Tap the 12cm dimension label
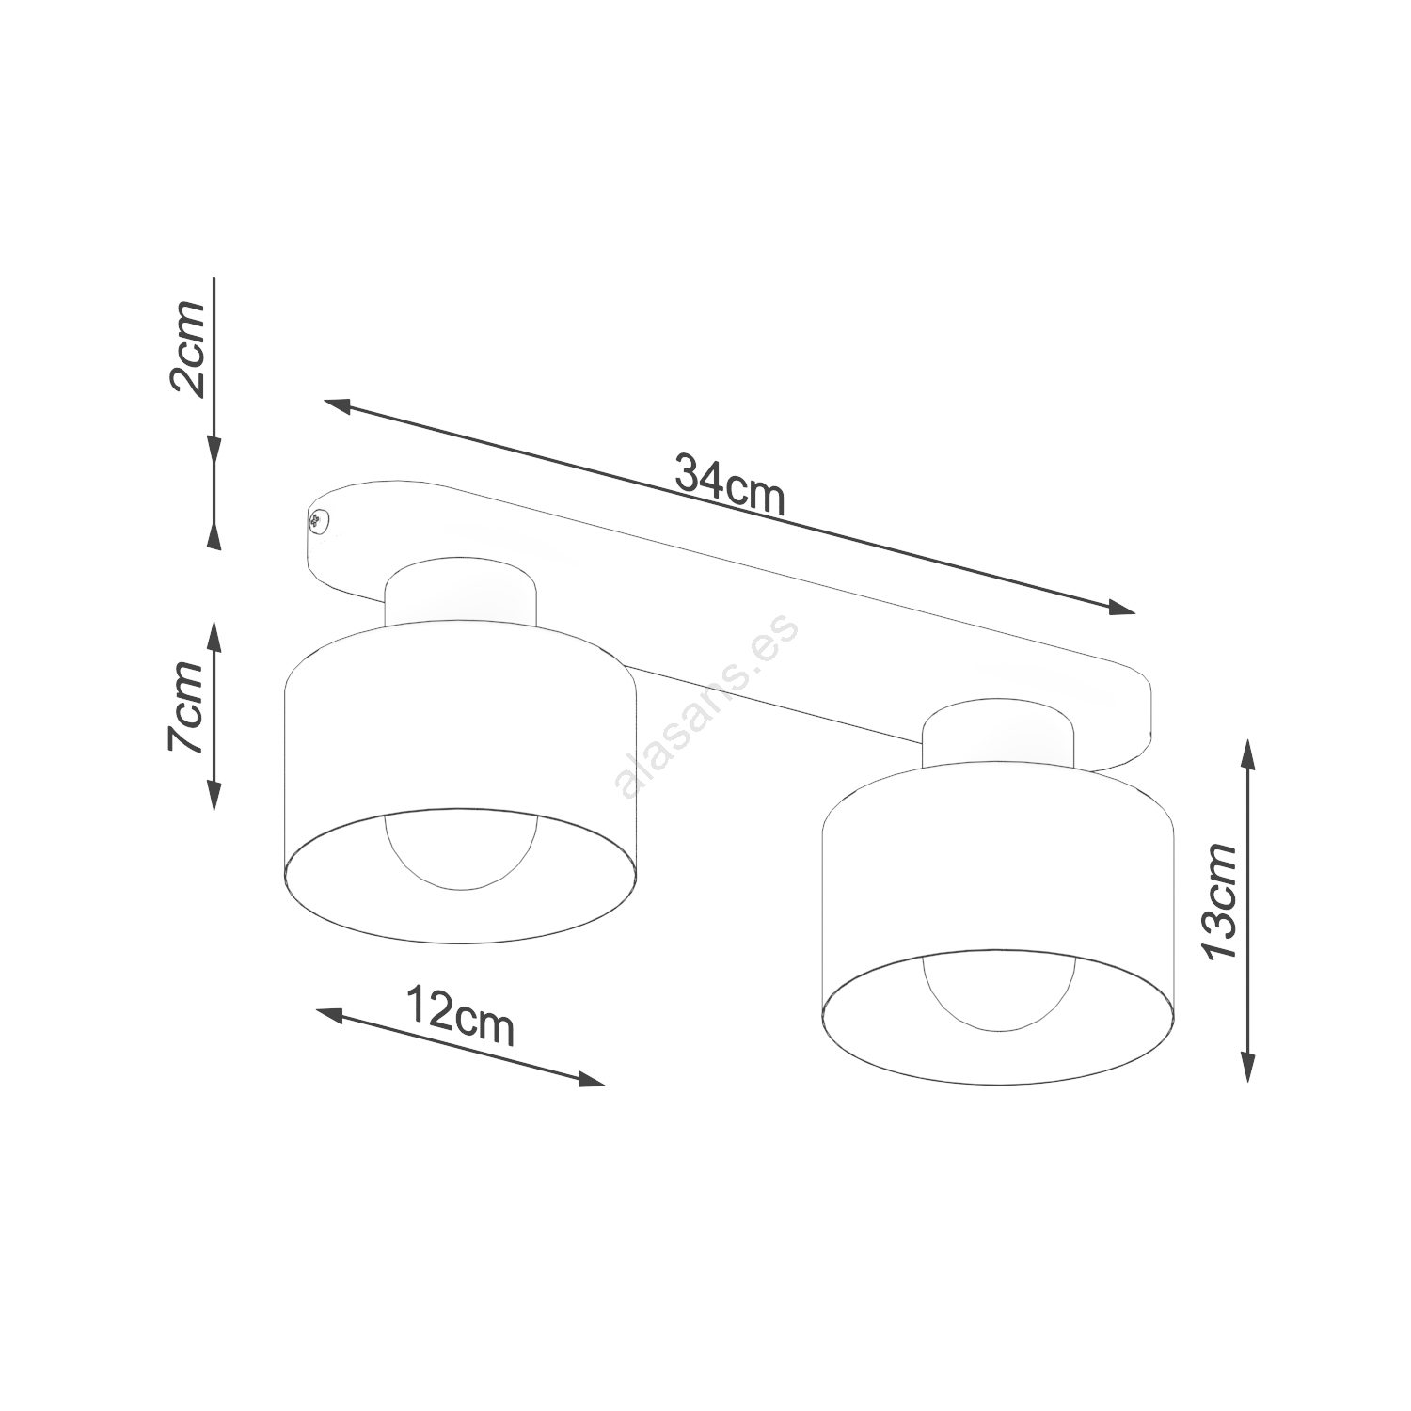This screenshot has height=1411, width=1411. click(460, 1015)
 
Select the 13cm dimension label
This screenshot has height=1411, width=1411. click(1220, 901)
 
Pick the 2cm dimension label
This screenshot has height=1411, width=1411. click(186, 349)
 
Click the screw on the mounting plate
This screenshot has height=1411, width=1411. click(318, 520)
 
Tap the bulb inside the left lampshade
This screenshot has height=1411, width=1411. click(460, 851)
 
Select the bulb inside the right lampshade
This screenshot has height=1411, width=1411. click(998, 991)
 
